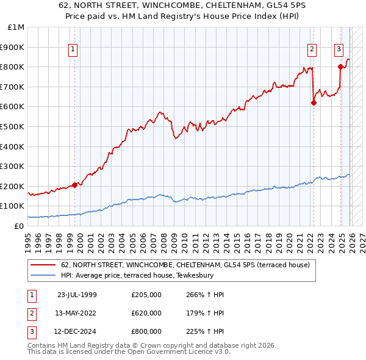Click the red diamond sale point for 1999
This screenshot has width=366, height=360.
[x=75, y=185]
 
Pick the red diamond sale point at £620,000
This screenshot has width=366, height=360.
[x=314, y=103]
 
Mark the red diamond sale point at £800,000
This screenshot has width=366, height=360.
[x=340, y=67]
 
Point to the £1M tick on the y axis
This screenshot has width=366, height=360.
[x=16, y=27]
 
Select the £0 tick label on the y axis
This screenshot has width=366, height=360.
[x=18, y=226]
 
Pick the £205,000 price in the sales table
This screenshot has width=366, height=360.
[x=146, y=295]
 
